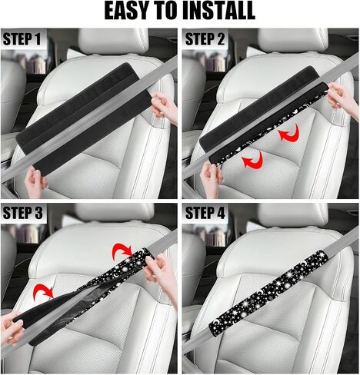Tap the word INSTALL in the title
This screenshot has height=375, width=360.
(x=222, y=11)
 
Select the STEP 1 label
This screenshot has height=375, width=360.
(x=22, y=39)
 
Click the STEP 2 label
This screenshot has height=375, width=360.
(x=205, y=39)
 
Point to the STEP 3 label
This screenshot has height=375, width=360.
(x=22, y=213)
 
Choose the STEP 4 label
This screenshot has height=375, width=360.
(x=205, y=213)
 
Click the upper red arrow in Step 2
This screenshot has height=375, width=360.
(x=290, y=133)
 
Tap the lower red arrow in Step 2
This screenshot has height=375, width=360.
(x=254, y=160)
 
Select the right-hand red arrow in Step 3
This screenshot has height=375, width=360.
(x=122, y=251)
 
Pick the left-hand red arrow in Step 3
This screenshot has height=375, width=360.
(x=43, y=291)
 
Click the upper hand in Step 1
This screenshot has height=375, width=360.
(x=165, y=108)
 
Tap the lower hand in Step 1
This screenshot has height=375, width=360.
(x=35, y=181)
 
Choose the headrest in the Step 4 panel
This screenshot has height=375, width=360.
(x=293, y=216)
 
